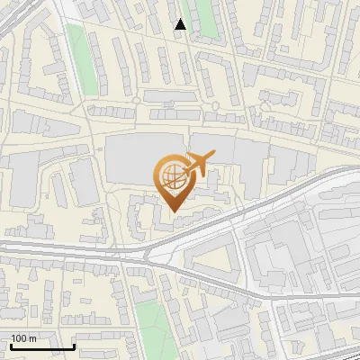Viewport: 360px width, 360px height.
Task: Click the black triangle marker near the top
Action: (181, 24)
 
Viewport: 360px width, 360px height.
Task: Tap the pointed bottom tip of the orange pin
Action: (174, 211)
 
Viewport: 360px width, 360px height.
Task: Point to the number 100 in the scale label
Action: (20, 338)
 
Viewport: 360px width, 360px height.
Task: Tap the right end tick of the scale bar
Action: (74, 346)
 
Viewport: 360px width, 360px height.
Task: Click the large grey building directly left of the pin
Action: (130, 162)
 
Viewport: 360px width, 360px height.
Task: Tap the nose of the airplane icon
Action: (212, 157)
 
